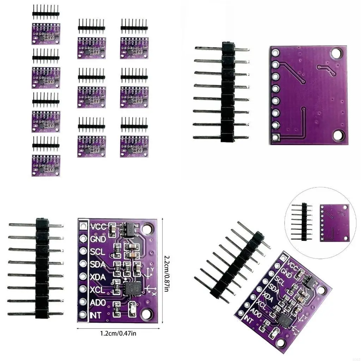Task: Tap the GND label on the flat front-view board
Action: click(98, 239)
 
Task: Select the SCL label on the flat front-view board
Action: click(98, 252)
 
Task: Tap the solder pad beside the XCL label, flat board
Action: click(83, 289)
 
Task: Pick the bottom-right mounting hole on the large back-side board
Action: click(339, 134)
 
